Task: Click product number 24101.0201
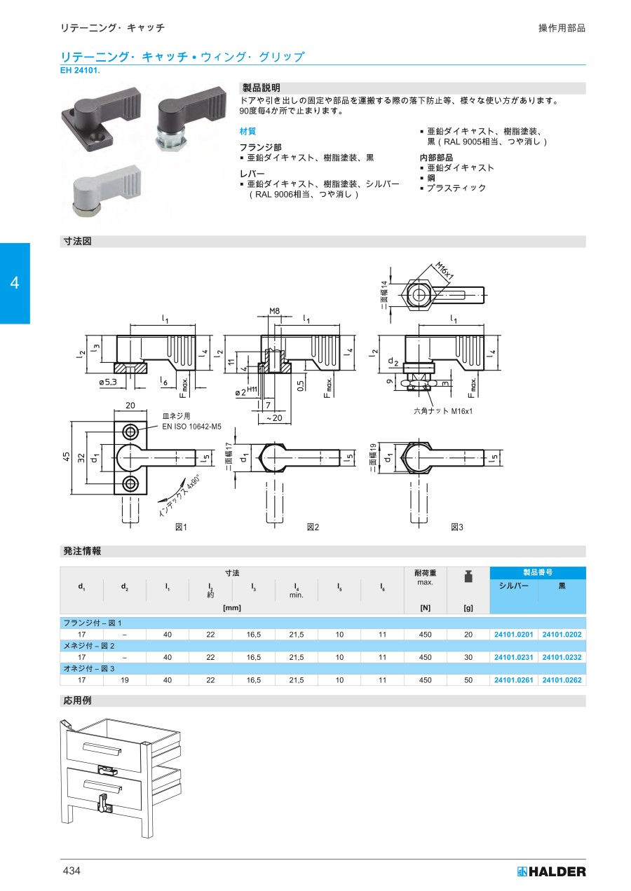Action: click(x=513, y=635)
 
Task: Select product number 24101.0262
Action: click(x=562, y=680)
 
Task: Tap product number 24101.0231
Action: click(x=513, y=658)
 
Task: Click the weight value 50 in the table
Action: click(x=468, y=680)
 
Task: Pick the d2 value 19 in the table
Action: click(x=125, y=680)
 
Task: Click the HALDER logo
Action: click(x=551, y=871)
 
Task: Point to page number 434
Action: click(x=72, y=871)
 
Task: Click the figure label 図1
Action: click(x=181, y=527)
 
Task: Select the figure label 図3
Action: click(x=457, y=527)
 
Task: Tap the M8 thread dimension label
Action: click(x=274, y=311)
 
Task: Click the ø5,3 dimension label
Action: click(x=108, y=382)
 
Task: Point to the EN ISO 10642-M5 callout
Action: click(x=191, y=427)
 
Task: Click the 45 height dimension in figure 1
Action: click(x=66, y=457)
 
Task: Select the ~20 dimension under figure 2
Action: click(x=274, y=418)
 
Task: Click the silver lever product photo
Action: click(x=107, y=191)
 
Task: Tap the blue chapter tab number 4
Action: click(x=15, y=283)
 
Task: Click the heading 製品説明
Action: click(x=261, y=88)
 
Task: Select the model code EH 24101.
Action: click(x=80, y=71)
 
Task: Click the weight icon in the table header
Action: click(x=468, y=576)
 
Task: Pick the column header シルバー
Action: click(x=513, y=586)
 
